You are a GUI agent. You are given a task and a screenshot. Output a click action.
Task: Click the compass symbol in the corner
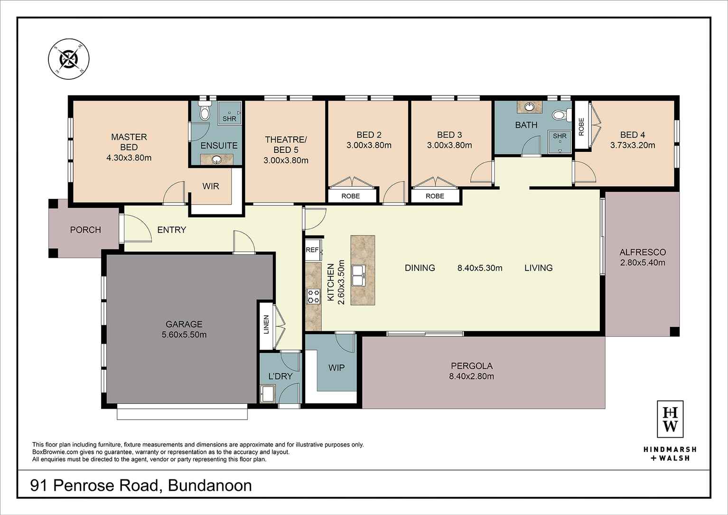point(69,59)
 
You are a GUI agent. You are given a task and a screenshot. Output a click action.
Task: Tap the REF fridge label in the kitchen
point(312,250)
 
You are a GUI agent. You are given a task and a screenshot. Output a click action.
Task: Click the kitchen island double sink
point(358,274)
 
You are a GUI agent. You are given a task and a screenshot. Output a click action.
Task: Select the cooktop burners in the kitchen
point(314,296)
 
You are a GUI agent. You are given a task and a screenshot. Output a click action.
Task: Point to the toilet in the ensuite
point(205,111)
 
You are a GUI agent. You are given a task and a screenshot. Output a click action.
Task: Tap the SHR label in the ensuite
point(229,119)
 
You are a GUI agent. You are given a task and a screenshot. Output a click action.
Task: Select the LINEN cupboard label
point(266,325)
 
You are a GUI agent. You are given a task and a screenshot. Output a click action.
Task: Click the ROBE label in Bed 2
point(351,196)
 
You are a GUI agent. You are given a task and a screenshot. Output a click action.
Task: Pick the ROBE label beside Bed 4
point(581,127)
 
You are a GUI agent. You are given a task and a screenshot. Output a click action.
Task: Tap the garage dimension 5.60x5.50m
point(184,335)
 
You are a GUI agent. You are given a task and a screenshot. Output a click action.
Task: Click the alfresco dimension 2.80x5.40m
point(643,262)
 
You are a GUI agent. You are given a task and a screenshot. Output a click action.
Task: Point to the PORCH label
point(85,230)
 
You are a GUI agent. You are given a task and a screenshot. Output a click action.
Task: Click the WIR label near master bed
point(211,186)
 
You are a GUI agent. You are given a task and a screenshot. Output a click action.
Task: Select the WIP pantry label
point(336,367)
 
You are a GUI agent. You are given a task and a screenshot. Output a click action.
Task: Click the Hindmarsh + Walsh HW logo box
point(670,419)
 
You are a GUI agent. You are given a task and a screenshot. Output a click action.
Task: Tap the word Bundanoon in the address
point(210,486)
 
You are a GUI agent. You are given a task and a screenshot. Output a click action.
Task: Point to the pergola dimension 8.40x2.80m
point(471,376)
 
